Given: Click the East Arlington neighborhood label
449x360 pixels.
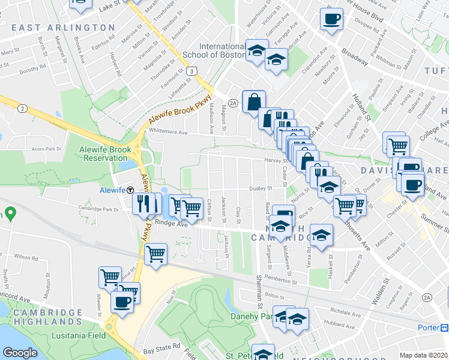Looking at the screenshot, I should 63,28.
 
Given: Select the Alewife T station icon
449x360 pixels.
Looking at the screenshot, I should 130,190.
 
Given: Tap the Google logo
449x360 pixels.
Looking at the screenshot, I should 20,353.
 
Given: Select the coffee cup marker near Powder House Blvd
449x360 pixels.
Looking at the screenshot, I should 331,19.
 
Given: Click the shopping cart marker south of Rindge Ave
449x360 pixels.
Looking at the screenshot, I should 155,253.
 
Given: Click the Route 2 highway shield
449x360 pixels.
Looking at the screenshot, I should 22,108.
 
